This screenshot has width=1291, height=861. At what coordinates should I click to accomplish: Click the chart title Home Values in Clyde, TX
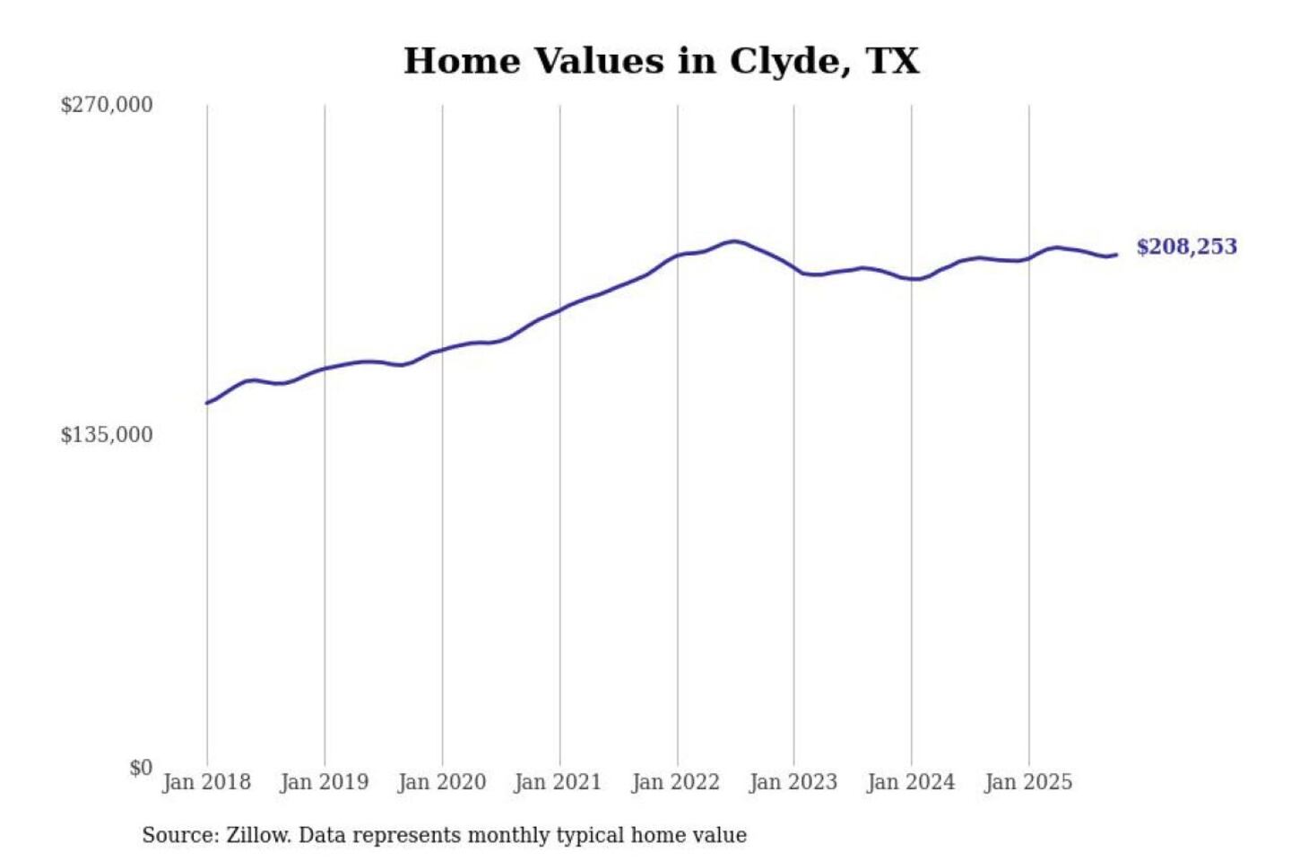pos(662,61)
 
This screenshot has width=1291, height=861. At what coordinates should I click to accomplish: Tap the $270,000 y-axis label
pos(107,105)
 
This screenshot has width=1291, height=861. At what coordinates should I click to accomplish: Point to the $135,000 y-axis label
pos(107,435)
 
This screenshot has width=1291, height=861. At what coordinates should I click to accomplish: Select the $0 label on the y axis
pos(141,768)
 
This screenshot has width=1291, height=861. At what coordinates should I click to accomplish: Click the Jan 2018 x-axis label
pos(206,782)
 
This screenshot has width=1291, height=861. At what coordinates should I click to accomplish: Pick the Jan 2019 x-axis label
pos(324,782)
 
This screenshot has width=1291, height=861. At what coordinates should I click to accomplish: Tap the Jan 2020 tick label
pos(441,782)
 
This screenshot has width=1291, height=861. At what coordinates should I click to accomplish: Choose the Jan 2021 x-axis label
pos(558,782)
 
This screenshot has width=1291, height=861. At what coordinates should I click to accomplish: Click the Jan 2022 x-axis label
pos(675,782)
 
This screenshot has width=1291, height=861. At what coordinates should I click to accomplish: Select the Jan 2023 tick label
pos(793,782)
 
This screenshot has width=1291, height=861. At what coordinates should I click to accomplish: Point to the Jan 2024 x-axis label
pos(911,782)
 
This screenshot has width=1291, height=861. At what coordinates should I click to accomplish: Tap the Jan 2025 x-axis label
pos(1028,782)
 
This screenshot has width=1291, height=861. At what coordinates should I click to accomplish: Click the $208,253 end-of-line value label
pos(1186,247)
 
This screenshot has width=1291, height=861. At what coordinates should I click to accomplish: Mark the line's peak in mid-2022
pos(734,241)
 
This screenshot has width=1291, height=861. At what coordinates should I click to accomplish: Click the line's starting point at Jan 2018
pos(207,403)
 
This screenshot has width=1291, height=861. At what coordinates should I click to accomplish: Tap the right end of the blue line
pos(1116,255)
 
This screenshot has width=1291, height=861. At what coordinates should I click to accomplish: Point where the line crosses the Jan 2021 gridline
pos(560,310)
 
